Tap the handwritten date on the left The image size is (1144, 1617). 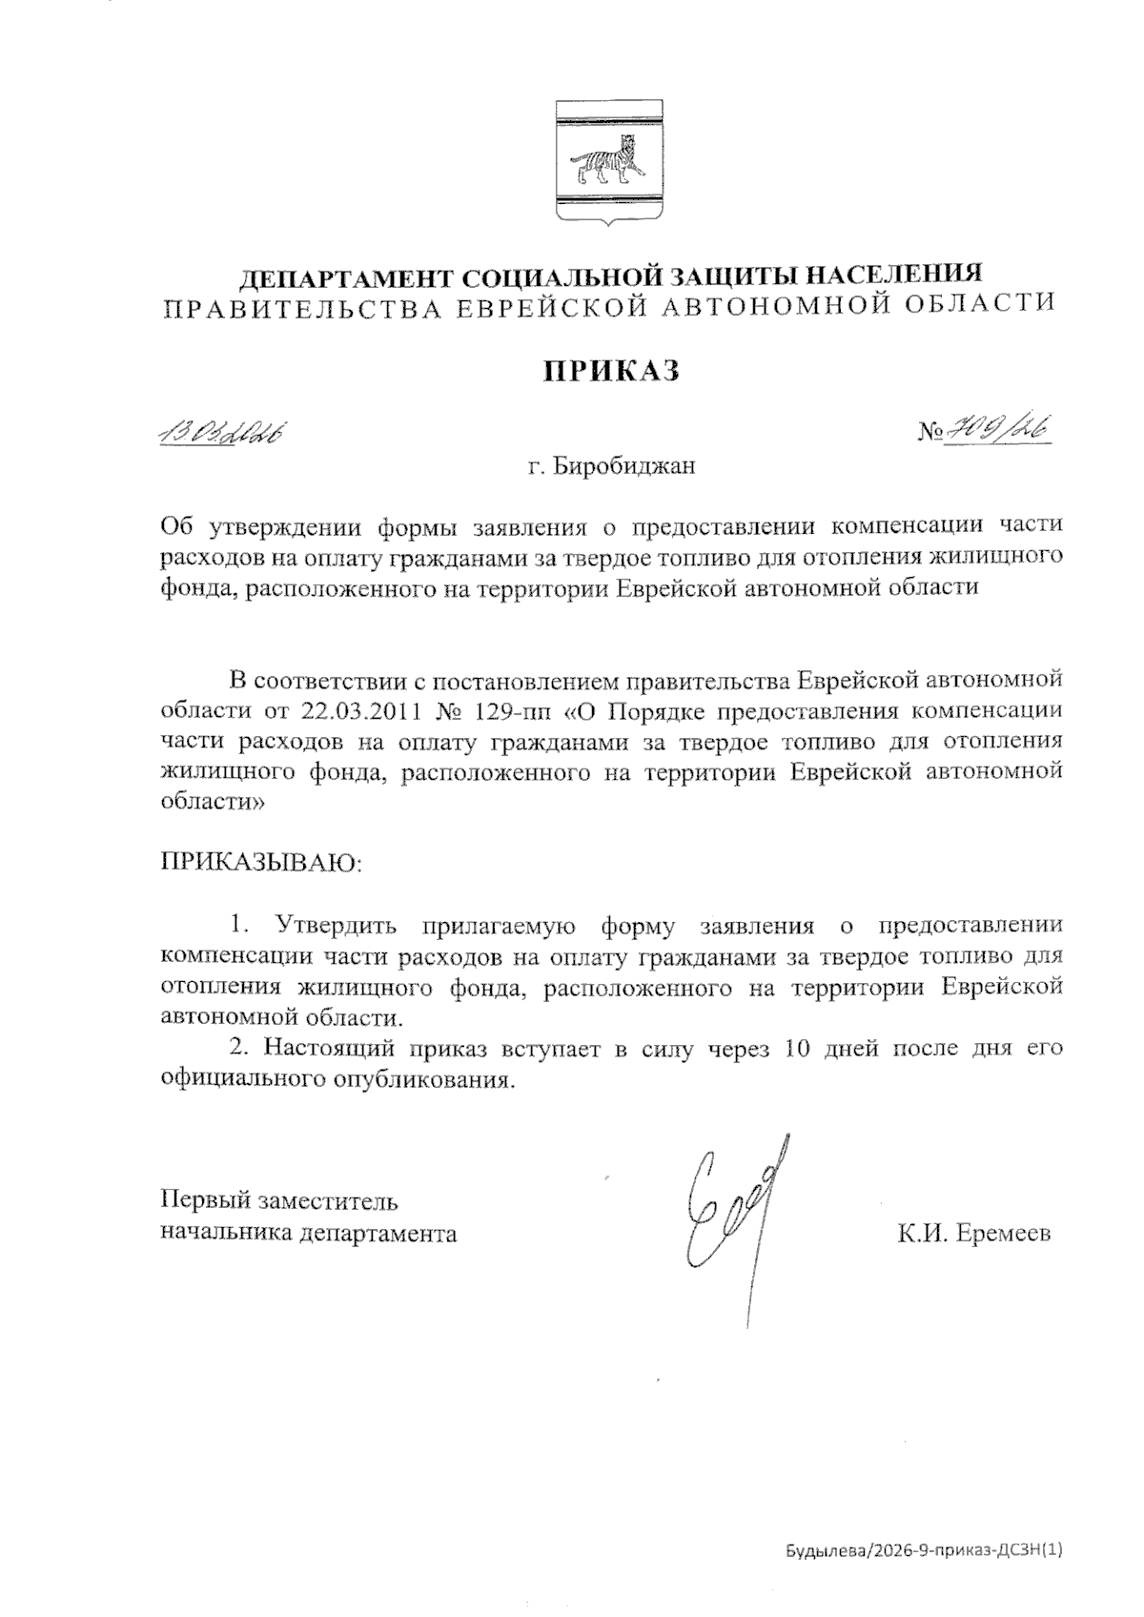(x=223, y=435)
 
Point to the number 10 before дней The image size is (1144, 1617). (x=799, y=1049)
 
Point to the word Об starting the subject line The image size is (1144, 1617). (x=177, y=525)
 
